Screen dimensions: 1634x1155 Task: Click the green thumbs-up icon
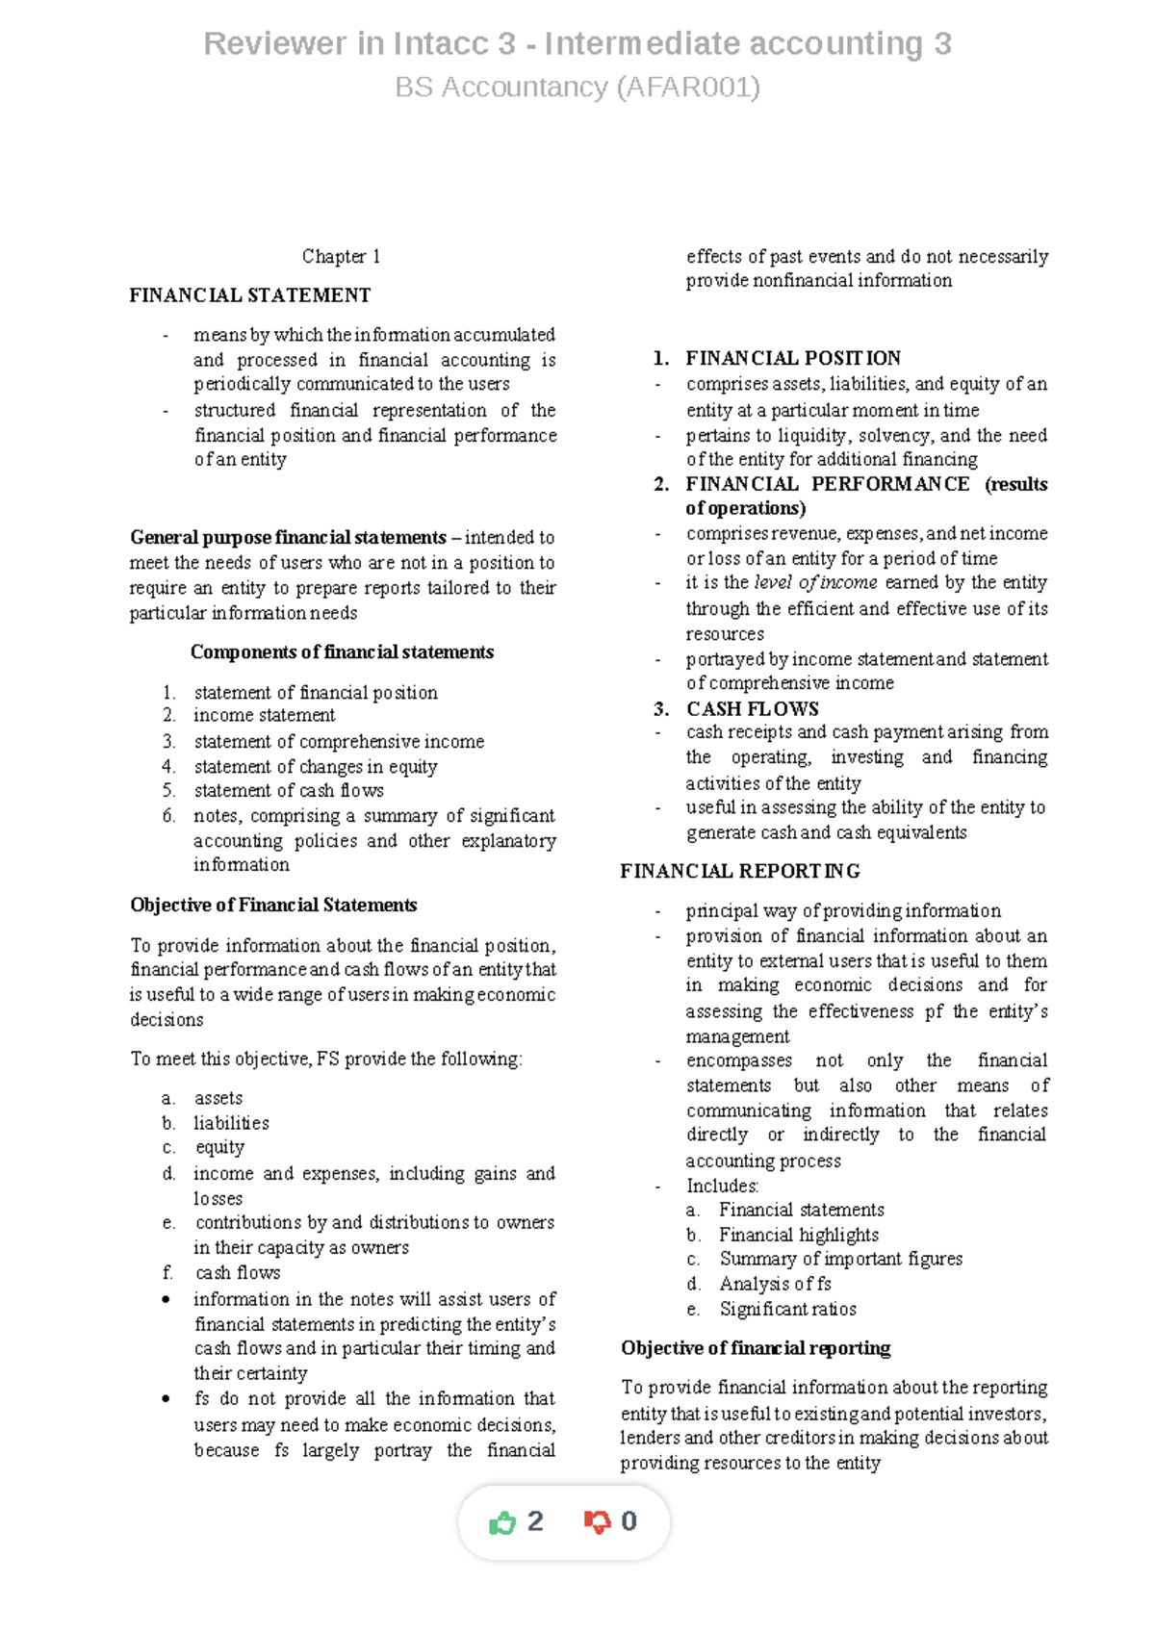pos(502,1522)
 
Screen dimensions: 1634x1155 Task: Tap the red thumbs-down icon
pos(597,1521)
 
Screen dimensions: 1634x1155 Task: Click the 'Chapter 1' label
pos(341,256)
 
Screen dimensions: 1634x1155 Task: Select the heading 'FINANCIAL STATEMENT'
pos(250,295)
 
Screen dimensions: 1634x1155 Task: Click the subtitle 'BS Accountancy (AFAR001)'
pos(577,88)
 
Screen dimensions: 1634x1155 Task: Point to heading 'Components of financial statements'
pos(342,652)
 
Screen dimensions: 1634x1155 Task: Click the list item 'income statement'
pos(264,716)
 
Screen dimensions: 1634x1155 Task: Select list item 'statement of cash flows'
pos(289,791)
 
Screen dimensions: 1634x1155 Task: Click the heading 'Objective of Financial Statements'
pos(273,906)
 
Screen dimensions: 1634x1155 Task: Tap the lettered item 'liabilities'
pos(231,1123)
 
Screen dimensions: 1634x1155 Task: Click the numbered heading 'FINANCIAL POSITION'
pos(793,358)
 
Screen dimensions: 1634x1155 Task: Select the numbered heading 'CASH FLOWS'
pos(752,709)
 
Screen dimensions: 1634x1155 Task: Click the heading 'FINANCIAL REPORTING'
pos(740,871)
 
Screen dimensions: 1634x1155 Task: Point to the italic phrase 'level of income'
pos(815,583)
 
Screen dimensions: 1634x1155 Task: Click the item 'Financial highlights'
pos(798,1235)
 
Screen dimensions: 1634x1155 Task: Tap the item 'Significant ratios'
pos(787,1309)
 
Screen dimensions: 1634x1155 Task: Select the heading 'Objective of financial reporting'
pos(756,1348)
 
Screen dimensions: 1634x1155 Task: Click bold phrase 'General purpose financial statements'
pos(288,537)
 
